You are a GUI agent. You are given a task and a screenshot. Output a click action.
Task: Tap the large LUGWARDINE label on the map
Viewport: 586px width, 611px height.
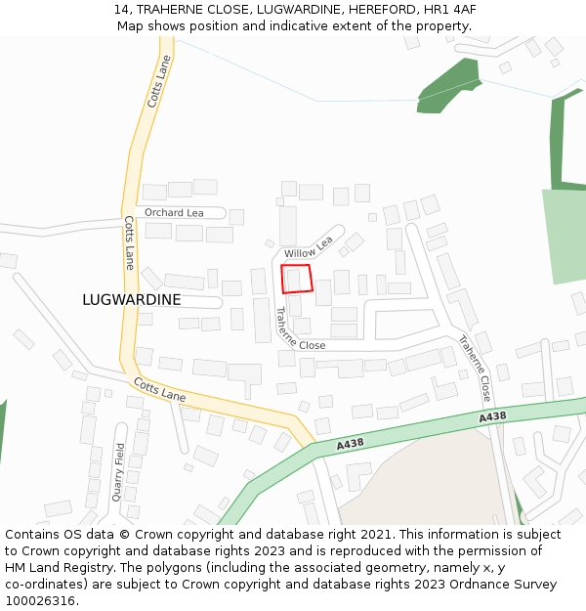132,300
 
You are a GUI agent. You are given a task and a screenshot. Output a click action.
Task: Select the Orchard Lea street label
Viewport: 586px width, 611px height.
174,213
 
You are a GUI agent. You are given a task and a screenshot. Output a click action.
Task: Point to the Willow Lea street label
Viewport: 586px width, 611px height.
309,247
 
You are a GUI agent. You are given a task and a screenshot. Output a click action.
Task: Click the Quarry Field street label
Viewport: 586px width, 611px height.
119,472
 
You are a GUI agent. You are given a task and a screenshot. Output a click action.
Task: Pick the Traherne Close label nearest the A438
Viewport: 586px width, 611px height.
474,369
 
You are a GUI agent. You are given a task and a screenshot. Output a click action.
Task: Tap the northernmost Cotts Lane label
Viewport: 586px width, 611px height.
158,81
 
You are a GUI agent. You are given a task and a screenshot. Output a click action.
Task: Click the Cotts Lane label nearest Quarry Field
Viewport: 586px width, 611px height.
159,390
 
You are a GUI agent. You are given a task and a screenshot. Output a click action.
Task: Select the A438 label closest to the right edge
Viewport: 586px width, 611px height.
492,417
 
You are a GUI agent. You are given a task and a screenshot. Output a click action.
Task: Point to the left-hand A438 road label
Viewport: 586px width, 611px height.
351,445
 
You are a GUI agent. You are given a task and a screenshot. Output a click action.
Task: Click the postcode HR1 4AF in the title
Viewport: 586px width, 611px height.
449,9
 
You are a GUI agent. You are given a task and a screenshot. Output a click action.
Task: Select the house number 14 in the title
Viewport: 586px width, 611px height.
121,9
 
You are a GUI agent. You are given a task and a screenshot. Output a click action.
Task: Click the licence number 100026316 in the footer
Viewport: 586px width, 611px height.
40,601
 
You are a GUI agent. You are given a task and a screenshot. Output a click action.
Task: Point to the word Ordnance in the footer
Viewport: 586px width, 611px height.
471,585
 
